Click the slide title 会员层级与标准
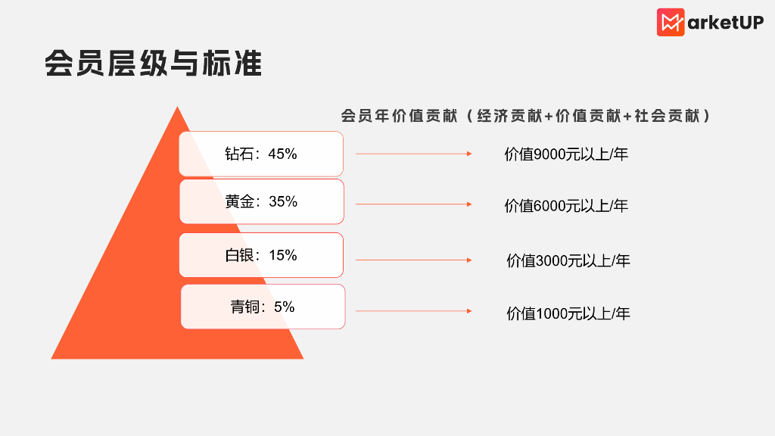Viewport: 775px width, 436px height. coord(153,64)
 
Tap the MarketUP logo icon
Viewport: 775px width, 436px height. coord(671,22)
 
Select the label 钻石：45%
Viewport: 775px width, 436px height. coord(261,154)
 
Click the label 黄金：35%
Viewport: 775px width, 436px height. coord(261,201)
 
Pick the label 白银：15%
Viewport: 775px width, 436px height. coord(261,255)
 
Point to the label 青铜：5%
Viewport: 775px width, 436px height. coord(263,307)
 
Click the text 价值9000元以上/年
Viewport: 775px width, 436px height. coord(566,154)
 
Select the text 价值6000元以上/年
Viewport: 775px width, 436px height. coord(566,205)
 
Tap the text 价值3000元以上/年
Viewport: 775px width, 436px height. coord(568,261)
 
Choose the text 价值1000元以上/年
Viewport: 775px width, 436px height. coord(568,313)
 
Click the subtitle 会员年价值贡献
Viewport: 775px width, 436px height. coord(399,117)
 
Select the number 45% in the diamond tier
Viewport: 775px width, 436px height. coord(282,154)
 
